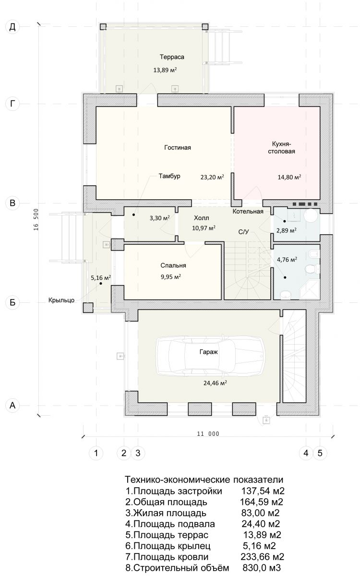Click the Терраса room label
172,57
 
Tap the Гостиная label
178,148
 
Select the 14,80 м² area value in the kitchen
289,177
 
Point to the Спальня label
173,265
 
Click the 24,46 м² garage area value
215,383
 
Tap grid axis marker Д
12,27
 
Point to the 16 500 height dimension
36,219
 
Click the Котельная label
248,211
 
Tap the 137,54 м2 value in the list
263,491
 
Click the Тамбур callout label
169,176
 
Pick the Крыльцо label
61,300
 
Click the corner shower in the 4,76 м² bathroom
310,289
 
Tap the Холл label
201,218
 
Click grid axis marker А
12,405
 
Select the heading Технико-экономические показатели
204,480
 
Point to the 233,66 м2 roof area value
262,556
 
